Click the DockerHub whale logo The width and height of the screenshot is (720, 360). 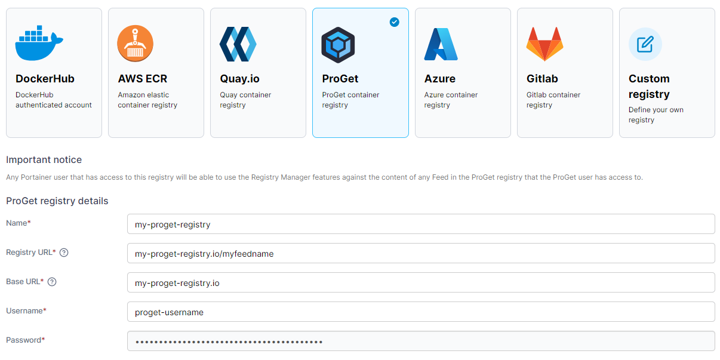coord(39,43)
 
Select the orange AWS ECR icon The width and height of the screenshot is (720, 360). coord(135,44)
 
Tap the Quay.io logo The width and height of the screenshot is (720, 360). coord(238,44)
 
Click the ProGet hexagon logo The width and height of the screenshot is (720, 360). coord(338,45)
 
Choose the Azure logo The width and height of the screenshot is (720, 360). coord(441,44)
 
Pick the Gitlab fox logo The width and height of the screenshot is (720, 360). coord(544,44)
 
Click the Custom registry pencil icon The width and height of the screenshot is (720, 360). coord(645,44)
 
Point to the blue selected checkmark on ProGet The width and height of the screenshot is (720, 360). coord(395,22)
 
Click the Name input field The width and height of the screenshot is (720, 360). coord(421,224)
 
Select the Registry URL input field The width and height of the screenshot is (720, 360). coord(421,253)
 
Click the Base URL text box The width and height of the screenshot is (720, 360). coord(421,282)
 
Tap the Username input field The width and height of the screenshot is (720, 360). coord(421,312)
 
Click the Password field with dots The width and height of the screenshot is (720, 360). coord(421,341)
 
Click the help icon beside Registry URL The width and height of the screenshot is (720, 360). coord(64,253)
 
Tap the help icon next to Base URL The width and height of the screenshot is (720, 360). coord(52,282)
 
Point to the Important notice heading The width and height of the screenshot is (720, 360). coord(44,160)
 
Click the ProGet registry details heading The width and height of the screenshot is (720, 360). coord(57,201)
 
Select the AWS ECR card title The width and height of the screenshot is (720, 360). coord(143,79)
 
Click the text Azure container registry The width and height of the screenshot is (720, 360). coord(451,100)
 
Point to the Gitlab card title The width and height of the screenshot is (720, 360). coord(542,79)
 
